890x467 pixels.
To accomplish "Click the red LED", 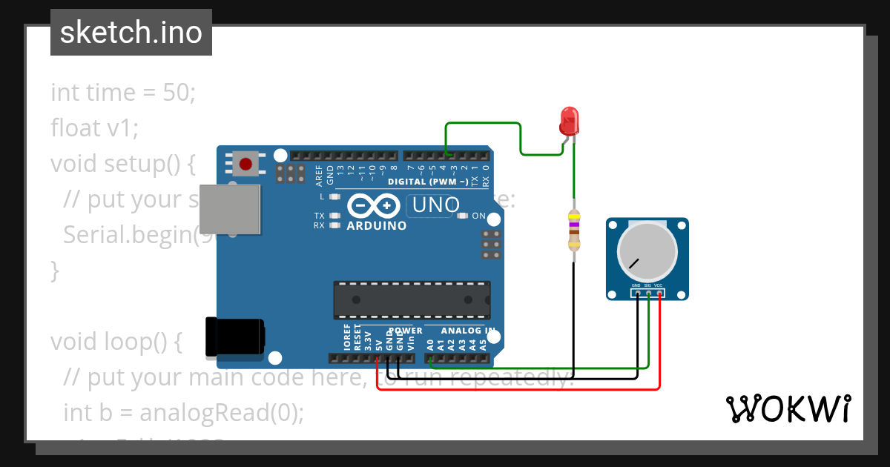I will (569, 120).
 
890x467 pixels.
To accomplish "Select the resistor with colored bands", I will (573, 230).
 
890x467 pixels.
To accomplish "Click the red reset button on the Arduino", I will (245, 163).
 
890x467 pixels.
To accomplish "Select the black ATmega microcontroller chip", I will (412, 299).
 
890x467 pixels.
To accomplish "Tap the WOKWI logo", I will (788, 408).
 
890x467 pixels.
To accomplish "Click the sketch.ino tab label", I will (131, 33).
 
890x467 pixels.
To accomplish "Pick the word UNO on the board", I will (435, 205).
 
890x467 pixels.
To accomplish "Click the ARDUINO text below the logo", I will (376, 225).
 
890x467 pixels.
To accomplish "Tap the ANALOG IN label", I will (468, 331).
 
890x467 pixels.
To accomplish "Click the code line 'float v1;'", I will (94, 128).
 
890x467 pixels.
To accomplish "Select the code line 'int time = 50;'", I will (122, 93).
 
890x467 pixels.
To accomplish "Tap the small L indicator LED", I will (334, 197).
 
